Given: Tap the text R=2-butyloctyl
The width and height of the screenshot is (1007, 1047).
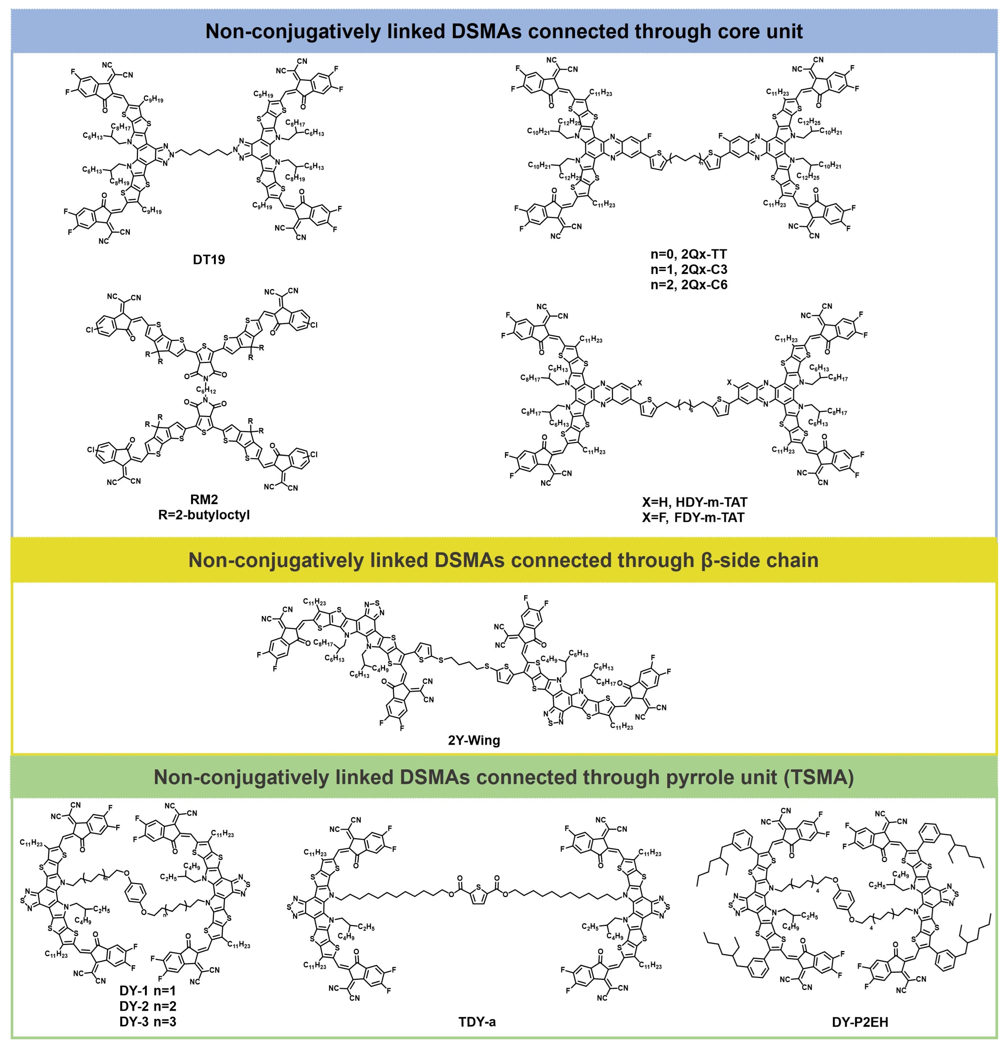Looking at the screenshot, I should (x=205, y=515).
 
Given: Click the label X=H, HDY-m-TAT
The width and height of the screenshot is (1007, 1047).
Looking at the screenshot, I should (x=694, y=502).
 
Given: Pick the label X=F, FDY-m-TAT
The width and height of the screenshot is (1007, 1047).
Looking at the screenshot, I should (x=694, y=517).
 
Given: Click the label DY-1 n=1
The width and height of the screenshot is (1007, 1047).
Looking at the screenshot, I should (x=147, y=991).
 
